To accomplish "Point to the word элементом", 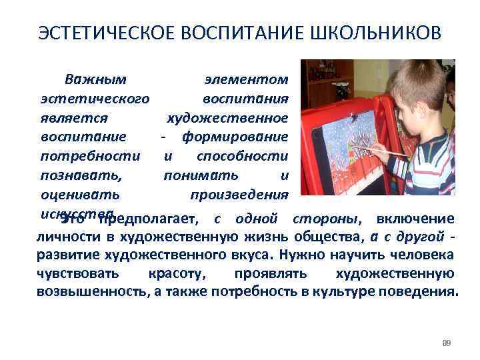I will point(246,80).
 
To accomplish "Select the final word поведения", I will point(419,292).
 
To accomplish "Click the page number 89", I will point(447,343).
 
